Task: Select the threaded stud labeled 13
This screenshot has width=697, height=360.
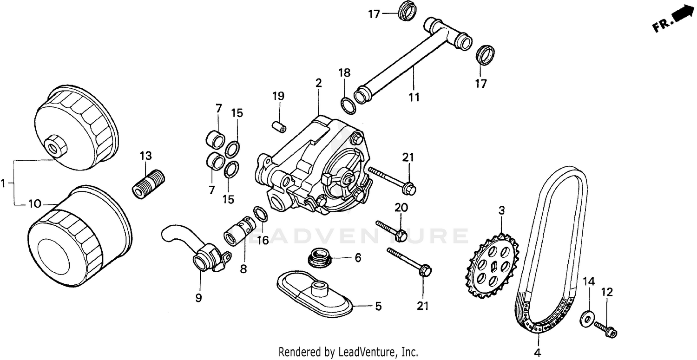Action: point(148,183)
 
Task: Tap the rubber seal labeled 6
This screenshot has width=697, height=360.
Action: point(319,257)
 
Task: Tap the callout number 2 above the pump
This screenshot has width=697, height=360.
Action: point(318,84)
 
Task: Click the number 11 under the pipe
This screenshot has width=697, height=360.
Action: point(414,97)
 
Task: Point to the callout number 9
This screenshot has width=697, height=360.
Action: point(199,298)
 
